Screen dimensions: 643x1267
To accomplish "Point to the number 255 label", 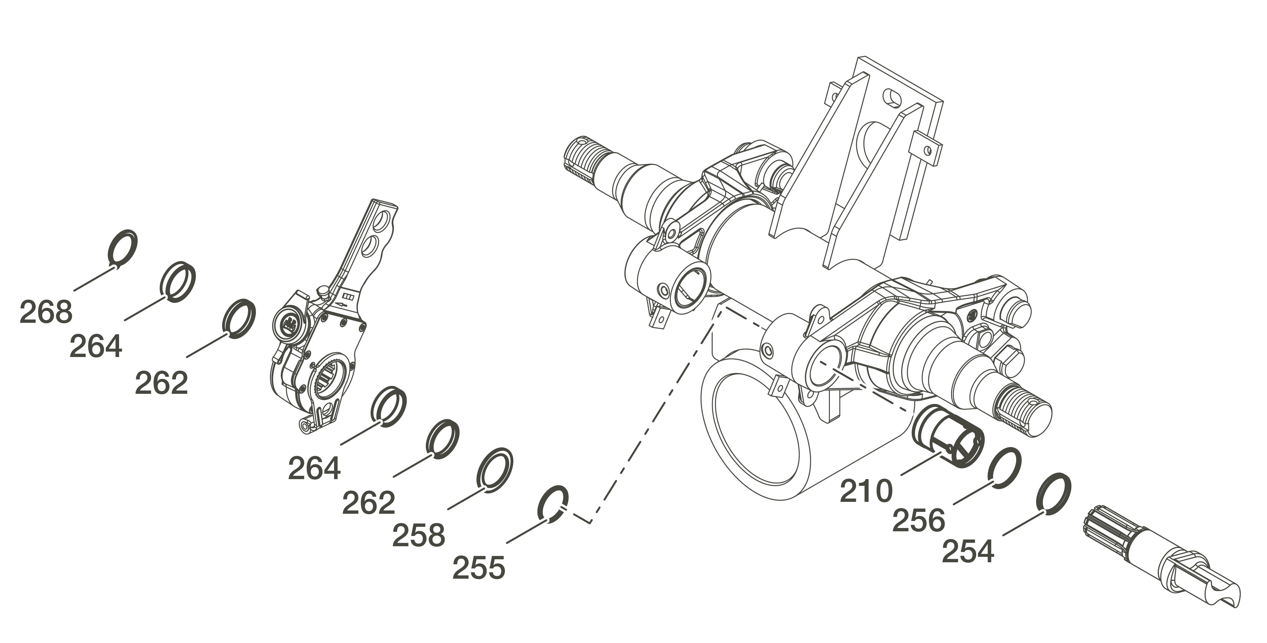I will [478, 568].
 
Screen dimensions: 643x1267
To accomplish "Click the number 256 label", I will [918, 520].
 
